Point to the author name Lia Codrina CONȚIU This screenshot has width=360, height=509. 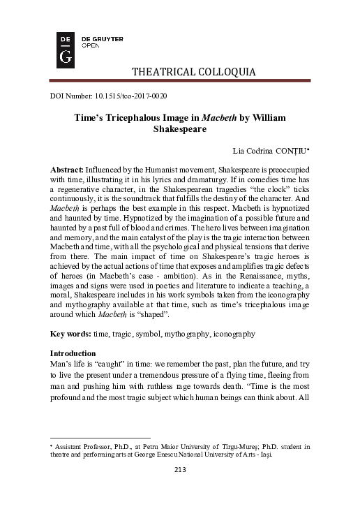tap(275, 150)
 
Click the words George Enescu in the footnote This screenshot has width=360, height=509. tap(150, 452)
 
